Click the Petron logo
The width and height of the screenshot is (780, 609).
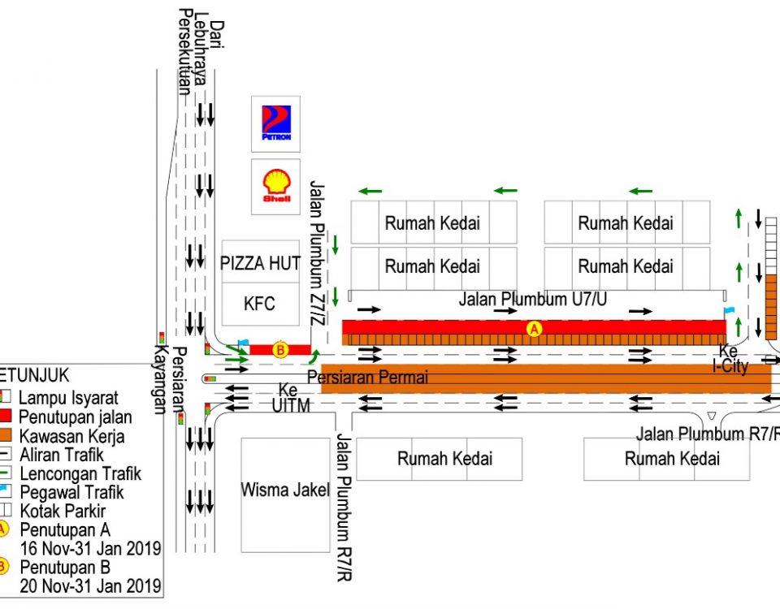(275, 123)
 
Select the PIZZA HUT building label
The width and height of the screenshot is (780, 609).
(261, 263)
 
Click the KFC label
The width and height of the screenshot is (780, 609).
(260, 304)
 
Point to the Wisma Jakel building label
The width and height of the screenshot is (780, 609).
(285, 490)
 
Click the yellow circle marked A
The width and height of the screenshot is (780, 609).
(534, 328)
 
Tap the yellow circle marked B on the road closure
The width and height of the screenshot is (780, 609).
(280, 350)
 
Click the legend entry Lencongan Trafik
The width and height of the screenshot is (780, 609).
(80, 473)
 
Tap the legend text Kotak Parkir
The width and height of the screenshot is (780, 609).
(63, 512)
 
